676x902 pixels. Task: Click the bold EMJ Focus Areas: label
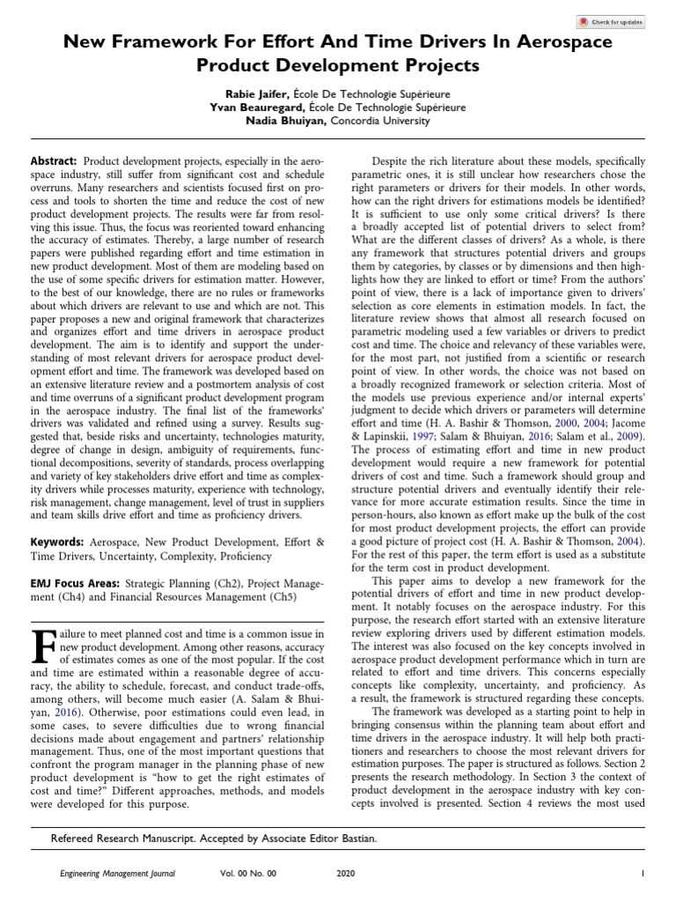pyautogui.click(x=77, y=582)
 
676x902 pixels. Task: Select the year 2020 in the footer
pyautogui.click(x=346, y=873)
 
